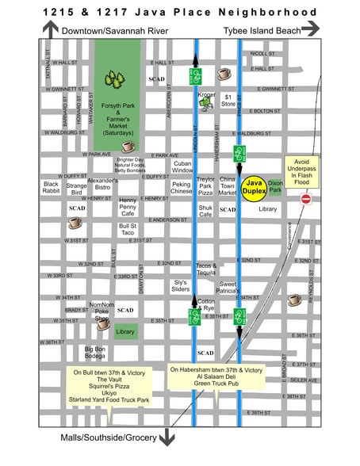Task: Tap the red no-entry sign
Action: click(x=306, y=200)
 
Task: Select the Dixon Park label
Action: click(x=276, y=187)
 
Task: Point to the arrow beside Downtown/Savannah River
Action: click(x=51, y=29)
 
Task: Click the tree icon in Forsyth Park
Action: click(x=117, y=79)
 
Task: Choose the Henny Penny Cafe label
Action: click(x=128, y=207)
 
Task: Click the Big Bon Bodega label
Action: click(x=95, y=353)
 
